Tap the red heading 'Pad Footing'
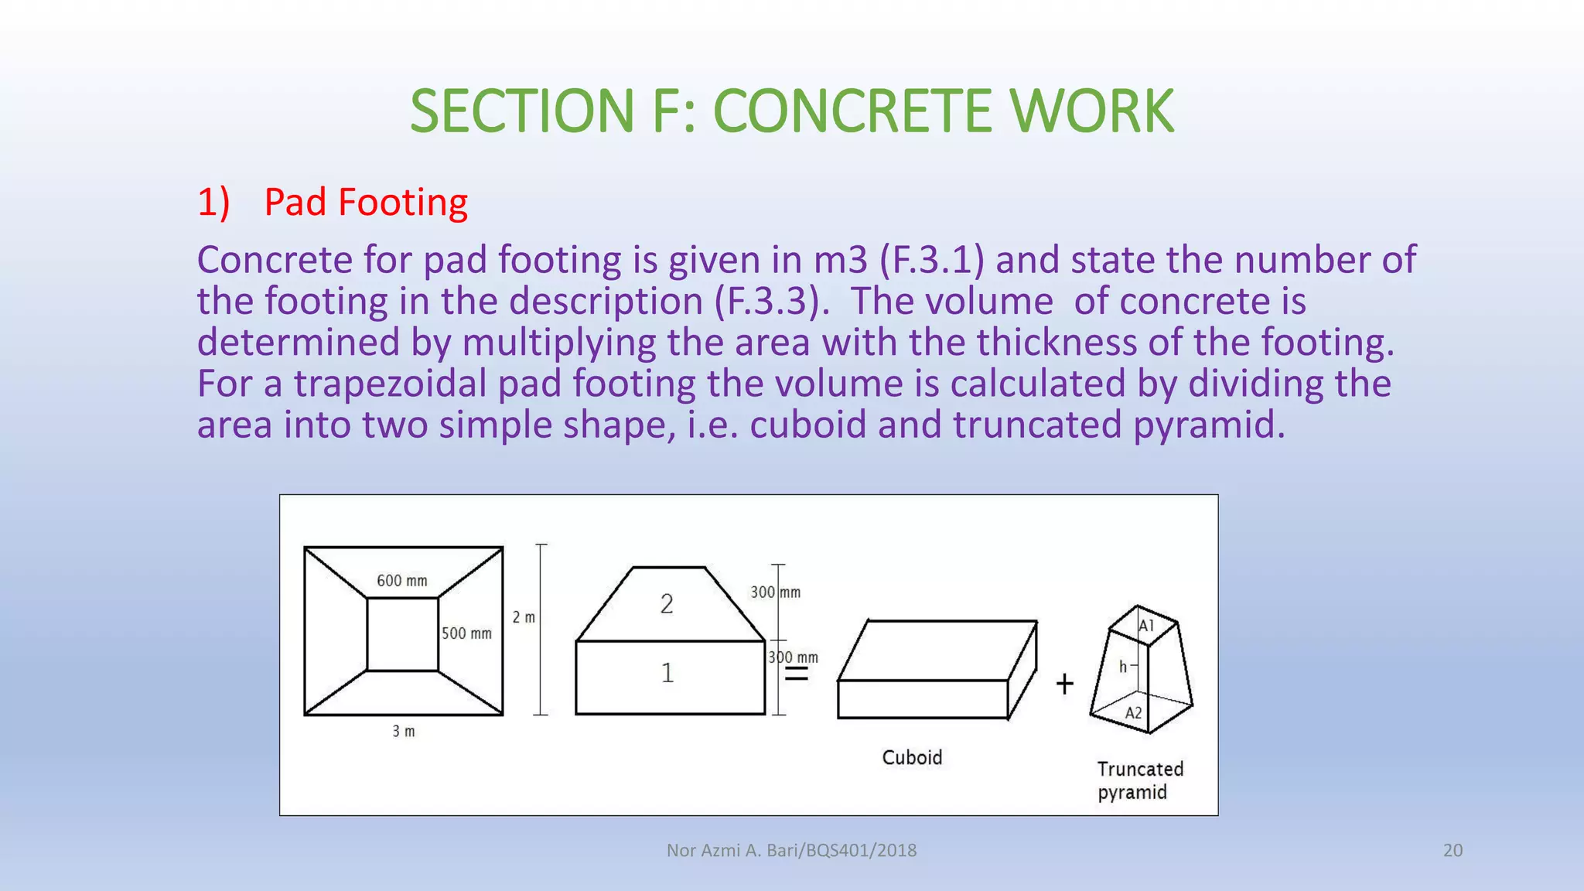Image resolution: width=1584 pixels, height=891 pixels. click(x=365, y=203)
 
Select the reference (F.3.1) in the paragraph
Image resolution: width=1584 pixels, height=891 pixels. click(x=932, y=260)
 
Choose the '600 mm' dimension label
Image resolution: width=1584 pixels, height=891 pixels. click(x=401, y=581)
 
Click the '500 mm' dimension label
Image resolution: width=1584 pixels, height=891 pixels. click(x=466, y=633)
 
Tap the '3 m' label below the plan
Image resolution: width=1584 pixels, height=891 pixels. click(x=403, y=731)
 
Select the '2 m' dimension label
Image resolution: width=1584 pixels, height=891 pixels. click(x=524, y=617)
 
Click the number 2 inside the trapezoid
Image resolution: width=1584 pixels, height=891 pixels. click(x=667, y=604)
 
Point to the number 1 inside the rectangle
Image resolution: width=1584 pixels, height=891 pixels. click(x=667, y=673)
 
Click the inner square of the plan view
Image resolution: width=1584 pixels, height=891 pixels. click(x=402, y=634)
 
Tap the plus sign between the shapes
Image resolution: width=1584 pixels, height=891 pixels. click(x=1064, y=684)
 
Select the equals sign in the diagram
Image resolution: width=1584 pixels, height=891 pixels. click(x=797, y=675)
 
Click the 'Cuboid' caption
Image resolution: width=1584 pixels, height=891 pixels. click(x=912, y=757)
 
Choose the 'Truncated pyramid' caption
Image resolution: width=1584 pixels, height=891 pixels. click(x=1139, y=780)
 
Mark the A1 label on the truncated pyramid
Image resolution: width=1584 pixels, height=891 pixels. click(x=1146, y=626)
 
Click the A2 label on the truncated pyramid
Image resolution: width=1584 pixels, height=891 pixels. click(x=1133, y=713)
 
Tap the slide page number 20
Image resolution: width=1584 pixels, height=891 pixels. click(x=1453, y=850)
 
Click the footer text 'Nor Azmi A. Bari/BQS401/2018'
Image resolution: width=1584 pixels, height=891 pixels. click(x=791, y=850)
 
